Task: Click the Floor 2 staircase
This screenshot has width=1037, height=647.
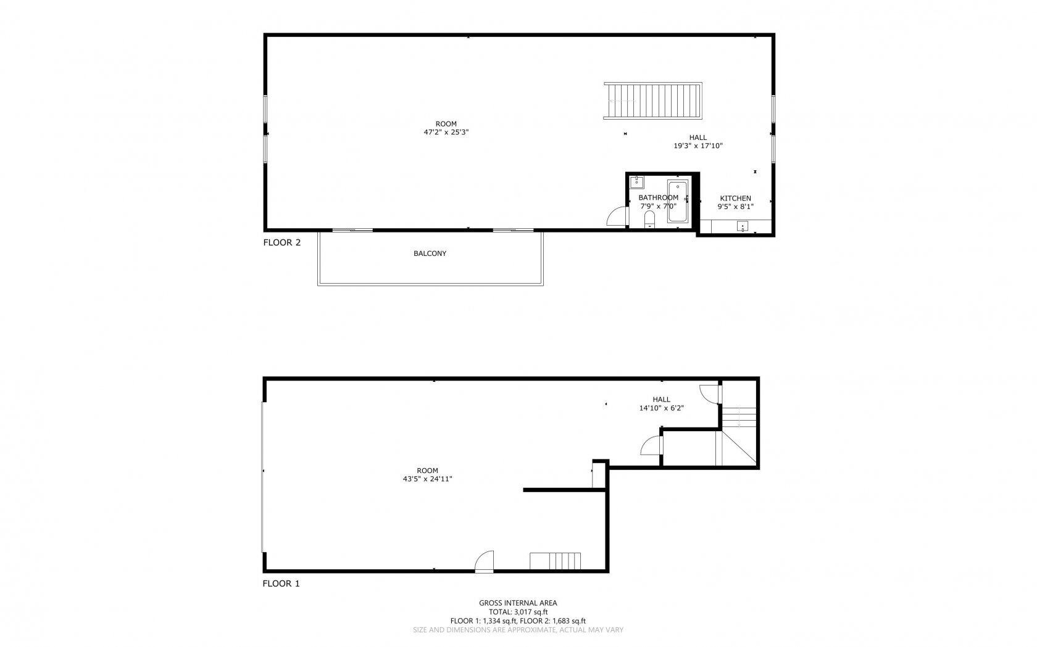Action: (x=653, y=101)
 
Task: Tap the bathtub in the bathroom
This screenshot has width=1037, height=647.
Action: (x=677, y=201)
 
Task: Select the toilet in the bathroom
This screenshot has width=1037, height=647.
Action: (x=649, y=220)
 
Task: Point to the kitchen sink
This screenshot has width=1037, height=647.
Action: (x=742, y=226)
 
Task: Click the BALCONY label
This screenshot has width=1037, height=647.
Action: (x=430, y=253)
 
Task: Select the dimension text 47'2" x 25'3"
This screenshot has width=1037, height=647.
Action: (x=446, y=132)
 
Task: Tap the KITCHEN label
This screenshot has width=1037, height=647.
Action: (x=735, y=199)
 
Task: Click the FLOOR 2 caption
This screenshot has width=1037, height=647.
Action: (x=281, y=242)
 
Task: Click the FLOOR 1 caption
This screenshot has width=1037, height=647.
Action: (x=281, y=583)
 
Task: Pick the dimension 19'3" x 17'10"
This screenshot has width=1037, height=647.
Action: (x=698, y=146)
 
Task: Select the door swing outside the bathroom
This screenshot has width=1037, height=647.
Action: (x=617, y=217)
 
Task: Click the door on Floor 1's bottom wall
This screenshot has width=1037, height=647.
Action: (x=485, y=562)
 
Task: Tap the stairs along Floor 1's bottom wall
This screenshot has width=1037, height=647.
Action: (x=556, y=561)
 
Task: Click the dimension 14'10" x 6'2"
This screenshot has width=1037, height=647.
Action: (x=661, y=408)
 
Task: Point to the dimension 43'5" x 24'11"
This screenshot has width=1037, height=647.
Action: (x=427, y=479)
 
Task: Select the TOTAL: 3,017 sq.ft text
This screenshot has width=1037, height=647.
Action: (x=518, y=612)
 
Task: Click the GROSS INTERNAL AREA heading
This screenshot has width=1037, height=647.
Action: (x=518, y=603)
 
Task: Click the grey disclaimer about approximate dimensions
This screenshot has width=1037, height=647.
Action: (x=518, y=630)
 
